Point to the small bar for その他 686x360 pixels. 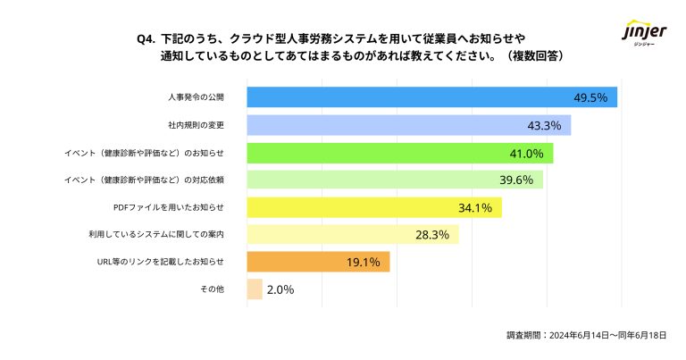click(x=255, y=289)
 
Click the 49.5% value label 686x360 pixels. click(x=591, y=96)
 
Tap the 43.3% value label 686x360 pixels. click(x=544, y=124)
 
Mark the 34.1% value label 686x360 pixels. click(x=475, y=207)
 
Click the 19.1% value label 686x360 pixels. click(x=364, y=262)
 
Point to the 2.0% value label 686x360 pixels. click(x=280, y=289)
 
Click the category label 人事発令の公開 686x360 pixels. click(x=196, y=96)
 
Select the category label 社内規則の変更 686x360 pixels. click(x=196, y=124)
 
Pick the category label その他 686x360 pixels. click(x=212, y=289)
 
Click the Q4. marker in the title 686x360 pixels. click(x=146, y=39)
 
